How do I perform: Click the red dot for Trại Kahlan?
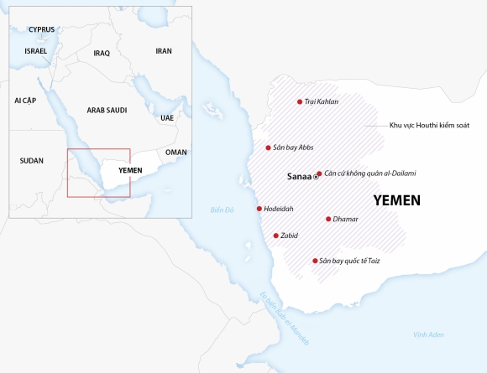click(x=300, y=102)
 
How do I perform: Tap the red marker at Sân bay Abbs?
click(x=268, y=148)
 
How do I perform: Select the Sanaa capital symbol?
click(x=316, y=178)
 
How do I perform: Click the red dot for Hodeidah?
click(x=259, y=209)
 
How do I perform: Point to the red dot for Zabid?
click(x=275, y=236)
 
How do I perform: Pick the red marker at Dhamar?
click(x=327, y=219)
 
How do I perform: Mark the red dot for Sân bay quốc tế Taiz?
click(x=315, y=261)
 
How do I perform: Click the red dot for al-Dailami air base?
click(x=319, y=174)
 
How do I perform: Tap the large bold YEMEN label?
click(x=396, y=201)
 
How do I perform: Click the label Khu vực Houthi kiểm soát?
click(x=429, y=125)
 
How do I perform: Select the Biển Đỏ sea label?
click(x=222, y=210)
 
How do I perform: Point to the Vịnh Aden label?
click(x=429, y=334)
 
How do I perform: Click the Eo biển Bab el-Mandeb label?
click(x=285, y=319)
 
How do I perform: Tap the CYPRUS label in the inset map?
click(x=41, y=29)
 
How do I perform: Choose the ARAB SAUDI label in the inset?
click(x=107, y=110)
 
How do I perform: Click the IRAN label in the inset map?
click(x=164, y=51)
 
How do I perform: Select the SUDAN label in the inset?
click(x=32, y=159)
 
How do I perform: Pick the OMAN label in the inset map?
click(x=176, y=153)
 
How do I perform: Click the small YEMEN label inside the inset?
click(x=131, y=170)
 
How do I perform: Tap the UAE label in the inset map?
click(x=167, y=118)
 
